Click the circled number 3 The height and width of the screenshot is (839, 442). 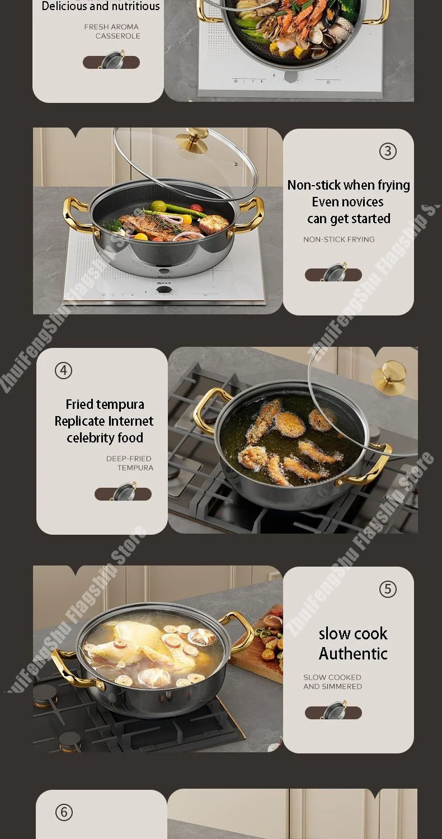coord(388,151)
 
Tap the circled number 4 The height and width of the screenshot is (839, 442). coord(63,370)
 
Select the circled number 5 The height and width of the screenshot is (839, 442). coord(388,589)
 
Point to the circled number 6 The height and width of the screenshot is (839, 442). coord(64,812)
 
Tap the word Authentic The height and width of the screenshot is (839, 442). coord(353,653)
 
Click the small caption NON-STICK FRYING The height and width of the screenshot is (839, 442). coord(339,239)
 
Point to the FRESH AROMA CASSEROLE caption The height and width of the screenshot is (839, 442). coord(112,31)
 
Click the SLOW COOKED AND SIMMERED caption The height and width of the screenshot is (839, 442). coord(332,682)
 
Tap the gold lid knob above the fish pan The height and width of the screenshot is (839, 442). coord(192,142)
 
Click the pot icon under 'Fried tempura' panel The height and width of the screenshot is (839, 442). coord(123,493)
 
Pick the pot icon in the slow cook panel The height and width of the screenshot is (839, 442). coord(333,711)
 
